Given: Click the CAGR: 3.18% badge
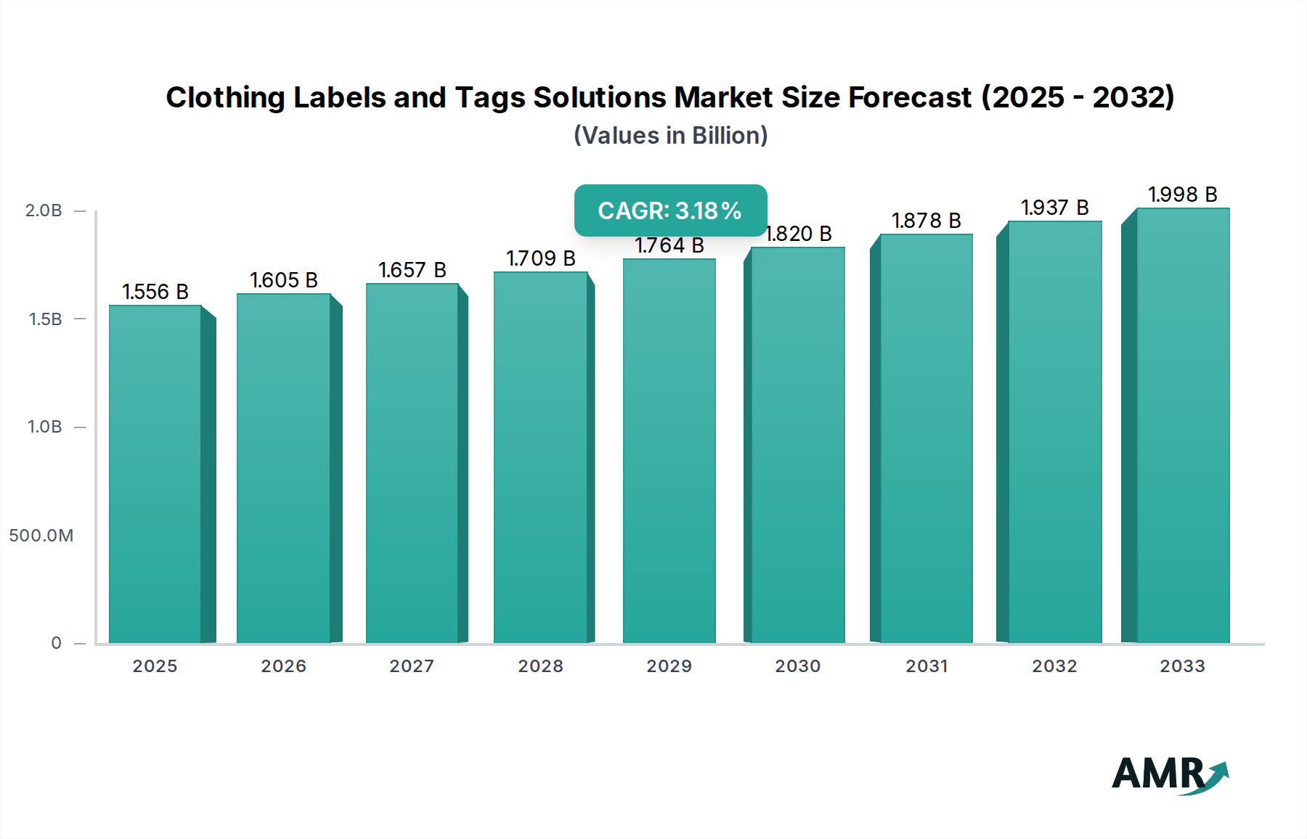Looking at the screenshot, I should tap(670, 210).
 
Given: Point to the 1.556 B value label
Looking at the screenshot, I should tap(155, 292).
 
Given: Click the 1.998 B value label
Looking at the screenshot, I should tap(1182, 195).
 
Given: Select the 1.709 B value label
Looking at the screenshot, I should tap(541, 258).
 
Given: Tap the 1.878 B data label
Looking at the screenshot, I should tap(926, 221).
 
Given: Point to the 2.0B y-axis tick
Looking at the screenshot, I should tap(44, 210).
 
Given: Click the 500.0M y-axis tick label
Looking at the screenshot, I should tap(41, 536).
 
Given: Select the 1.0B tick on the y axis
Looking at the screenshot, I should tap(45, 427).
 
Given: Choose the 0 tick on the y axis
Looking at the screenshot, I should tap(56, 643).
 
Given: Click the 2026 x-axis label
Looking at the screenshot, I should tap(284, 666).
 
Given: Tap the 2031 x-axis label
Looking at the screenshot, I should tap(927, 666).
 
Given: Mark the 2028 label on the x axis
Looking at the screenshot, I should tap(541, 666).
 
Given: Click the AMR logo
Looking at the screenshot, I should tap(1169, 775).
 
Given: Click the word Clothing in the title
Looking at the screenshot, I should tap(225, 97).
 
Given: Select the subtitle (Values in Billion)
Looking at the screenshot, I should tap(670, 136).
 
